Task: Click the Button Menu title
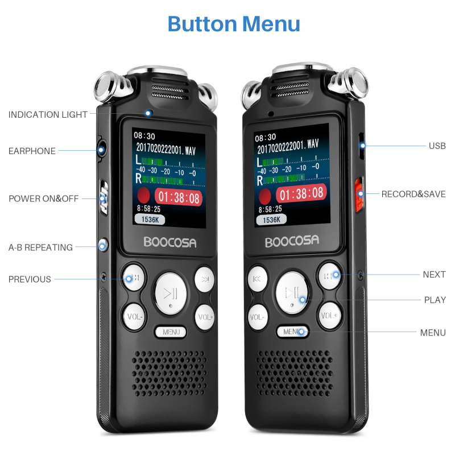click(x=234, y=24)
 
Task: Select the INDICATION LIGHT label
click(x=48, y=114)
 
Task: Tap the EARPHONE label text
click(x=32, y=151)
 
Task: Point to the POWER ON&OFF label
click(x=43, y=198)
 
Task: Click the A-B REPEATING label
click(x=40, y=247)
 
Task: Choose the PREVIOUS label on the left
click(x=30, y=279)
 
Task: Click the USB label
click(x=437, y=146)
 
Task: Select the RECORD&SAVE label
click(x=413, y=194)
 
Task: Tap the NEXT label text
click(x=434, y=274)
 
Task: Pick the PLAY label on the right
click(x=435, y=300)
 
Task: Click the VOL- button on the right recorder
click(x=258, y=316)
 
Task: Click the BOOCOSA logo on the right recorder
click(x=292, y=241)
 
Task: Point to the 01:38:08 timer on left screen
click(x=179, y=198)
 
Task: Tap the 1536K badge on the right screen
click(x=271, y=219)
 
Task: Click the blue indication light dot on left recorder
click(x=148, y=113)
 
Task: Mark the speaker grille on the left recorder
click(x=169, y=374)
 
